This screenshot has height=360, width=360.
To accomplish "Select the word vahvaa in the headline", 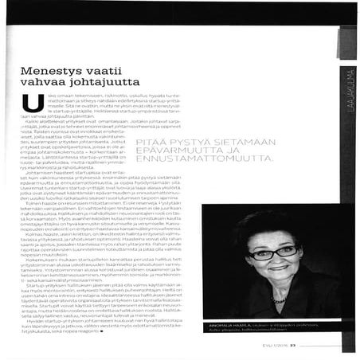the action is (47, 88).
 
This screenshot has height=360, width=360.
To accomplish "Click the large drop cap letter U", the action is (32, 103).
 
